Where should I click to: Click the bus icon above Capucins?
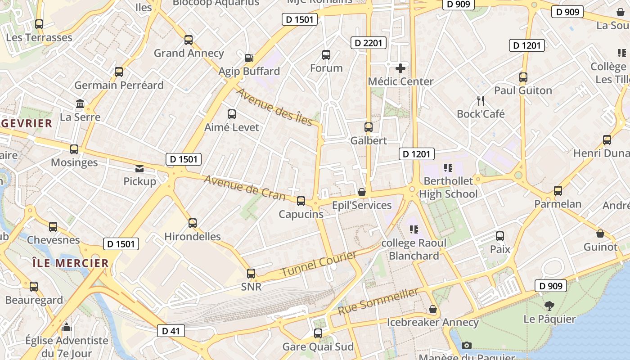[301, 201]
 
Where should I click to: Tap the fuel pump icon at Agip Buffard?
[249, 58]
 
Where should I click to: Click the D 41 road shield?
[171, 331]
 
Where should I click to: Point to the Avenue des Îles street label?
[274, 107]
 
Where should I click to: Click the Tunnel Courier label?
[319, 265]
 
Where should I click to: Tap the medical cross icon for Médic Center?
[400, 68]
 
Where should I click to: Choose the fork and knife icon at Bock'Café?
[481, 101]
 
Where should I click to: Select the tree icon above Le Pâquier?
[549, 306]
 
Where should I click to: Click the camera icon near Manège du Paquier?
[467, 345]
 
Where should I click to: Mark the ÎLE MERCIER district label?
[71, 263]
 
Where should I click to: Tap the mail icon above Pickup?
[139, 169]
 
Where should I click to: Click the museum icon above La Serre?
[80, 104]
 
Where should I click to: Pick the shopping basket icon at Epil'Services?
[361, 192]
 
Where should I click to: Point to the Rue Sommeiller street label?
[378, 301]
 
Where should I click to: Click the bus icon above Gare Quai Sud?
[318, 333]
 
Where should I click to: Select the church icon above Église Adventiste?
[67, 327]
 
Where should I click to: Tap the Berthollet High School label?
[448, 188]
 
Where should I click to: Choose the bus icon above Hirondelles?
[193, 223]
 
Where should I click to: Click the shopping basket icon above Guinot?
[600, 234]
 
